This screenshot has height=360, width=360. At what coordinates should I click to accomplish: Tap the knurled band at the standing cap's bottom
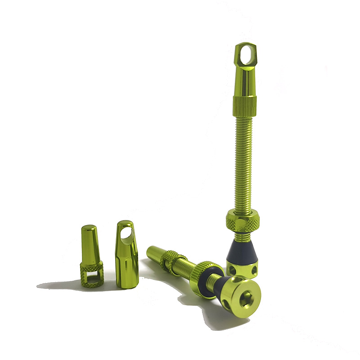click(245, 105)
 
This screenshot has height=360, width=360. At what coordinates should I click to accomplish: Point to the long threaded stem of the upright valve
click(244, 162)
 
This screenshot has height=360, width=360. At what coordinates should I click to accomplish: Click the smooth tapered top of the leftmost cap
click(90, 243)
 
